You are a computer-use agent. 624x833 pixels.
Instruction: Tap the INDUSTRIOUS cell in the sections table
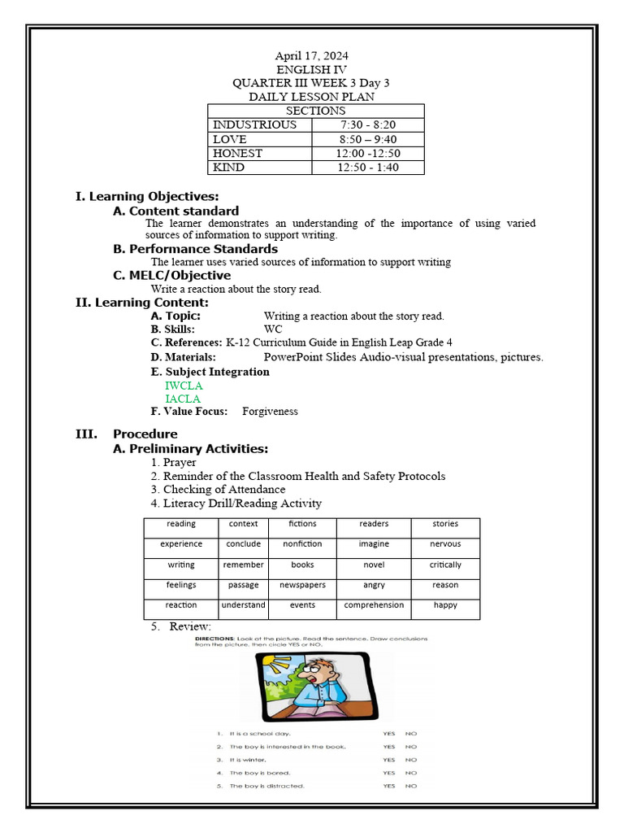[x=254, y=125]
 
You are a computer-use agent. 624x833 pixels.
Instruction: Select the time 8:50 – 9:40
[x=368, y=139]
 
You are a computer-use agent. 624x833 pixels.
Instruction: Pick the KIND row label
[x=229, y=168]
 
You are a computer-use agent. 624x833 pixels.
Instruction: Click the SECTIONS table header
[x=315, y=111]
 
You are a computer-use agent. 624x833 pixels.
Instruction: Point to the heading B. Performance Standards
[x=195, y=249]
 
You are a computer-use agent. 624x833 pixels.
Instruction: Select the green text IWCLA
[x=184, y=386]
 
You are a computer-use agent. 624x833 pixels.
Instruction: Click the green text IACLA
[x=183, y=399]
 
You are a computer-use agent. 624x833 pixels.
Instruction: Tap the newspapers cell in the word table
[x=302, y=585]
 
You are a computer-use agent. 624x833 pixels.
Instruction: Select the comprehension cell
[x=374, y=605]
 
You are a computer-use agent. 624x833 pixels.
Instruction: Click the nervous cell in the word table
[x=445, y=544]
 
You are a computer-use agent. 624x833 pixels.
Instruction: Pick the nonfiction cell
[x=302, y=544]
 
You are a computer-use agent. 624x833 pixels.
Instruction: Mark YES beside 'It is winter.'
[x=389, y=760]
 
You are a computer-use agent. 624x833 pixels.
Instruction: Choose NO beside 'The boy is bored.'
[x=411, y=773]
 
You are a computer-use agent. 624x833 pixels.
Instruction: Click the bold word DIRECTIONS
[x=214, y=639]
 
